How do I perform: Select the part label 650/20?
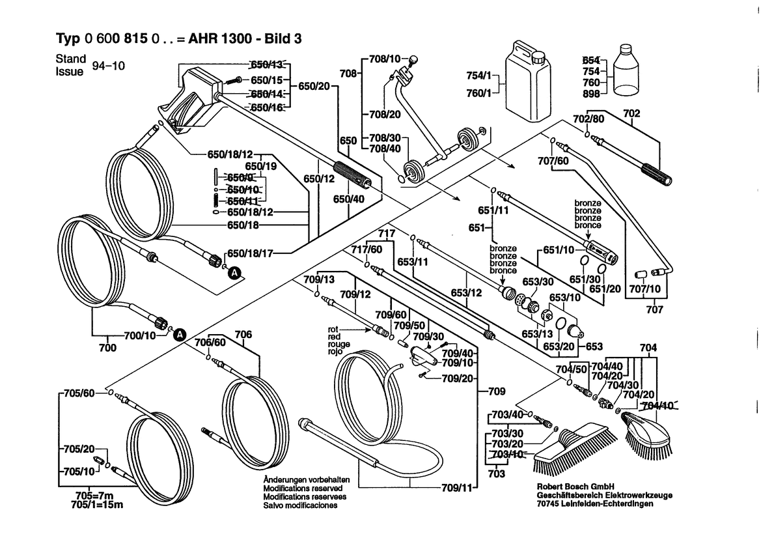(314, 86)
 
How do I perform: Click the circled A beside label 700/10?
(181, 334)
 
